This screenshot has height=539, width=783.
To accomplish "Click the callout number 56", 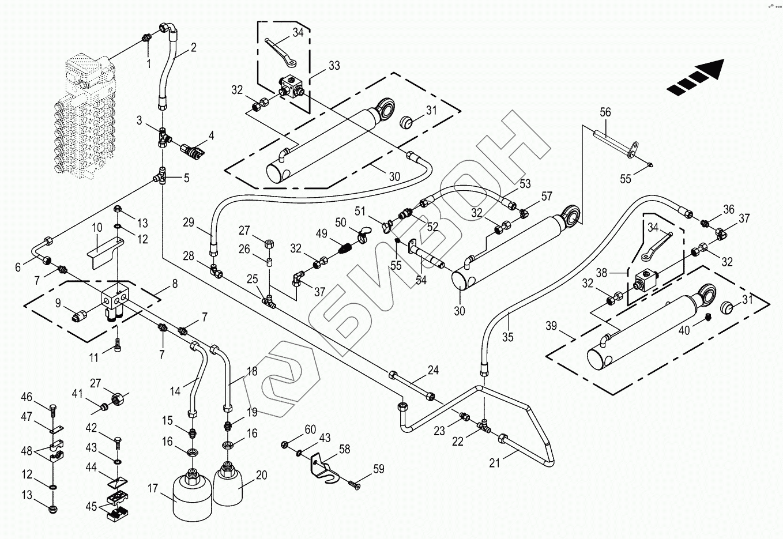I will pos(605,112).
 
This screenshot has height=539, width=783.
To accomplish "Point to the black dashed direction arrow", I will pos(695,77).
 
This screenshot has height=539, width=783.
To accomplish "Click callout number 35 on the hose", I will pos(507,337).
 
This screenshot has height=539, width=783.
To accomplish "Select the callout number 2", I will pos(193,48).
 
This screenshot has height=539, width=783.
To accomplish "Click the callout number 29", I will pos(189,223).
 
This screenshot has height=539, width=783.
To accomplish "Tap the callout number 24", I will pos(433,370).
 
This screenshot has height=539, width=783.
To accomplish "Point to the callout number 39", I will pos(551,326).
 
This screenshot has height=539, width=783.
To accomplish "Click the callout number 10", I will pos(96,228).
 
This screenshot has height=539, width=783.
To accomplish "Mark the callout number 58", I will pos(344,450).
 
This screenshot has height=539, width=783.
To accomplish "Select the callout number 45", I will pos(91,506).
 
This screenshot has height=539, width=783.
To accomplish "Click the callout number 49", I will pos(321,234).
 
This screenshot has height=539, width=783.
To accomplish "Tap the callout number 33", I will pos(334,66).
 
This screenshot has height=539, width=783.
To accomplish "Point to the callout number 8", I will pos(174,283).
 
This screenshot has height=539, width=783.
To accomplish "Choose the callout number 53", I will pos(525,184).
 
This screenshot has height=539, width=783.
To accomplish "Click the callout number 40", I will pos(684,330).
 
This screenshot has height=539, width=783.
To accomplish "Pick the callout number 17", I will pos(152,489).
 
